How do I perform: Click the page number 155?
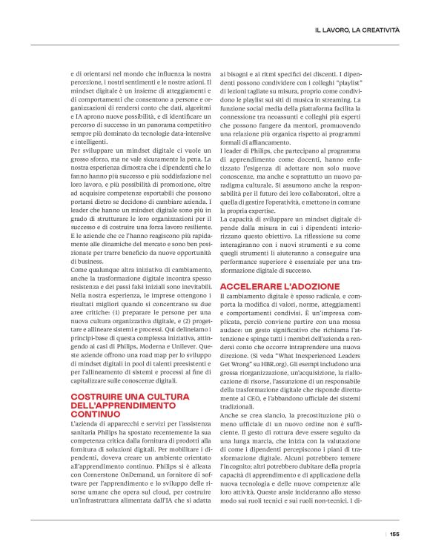click(x=394, y=533)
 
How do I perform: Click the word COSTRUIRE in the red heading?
click(x=97, y=397)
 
